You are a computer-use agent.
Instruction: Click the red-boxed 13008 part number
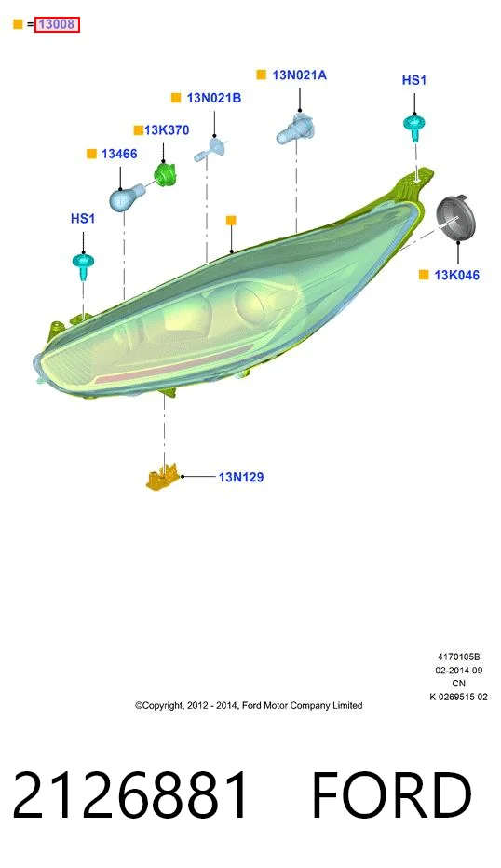coord(57,24)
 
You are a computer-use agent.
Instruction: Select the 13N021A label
coord(300,75)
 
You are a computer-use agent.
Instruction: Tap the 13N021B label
coord(213,98)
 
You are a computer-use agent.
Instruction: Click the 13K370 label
coord(167,130)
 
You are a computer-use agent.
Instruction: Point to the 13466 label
coord(119,154)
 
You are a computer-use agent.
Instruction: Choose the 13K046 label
coord(456,275)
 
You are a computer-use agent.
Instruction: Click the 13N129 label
coord(241,477)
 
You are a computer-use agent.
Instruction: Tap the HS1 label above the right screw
coord(414,80)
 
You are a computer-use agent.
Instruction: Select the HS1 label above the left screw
coord(83,219)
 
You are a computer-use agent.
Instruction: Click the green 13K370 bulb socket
coord(165,174)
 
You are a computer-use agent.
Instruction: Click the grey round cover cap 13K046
coord(456,219)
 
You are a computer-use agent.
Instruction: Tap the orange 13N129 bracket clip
coord(164,477)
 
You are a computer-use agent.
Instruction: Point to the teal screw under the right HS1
coord(414,128)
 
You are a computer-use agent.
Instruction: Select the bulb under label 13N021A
coord(295,129)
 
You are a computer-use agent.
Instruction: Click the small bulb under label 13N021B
coord(210,149)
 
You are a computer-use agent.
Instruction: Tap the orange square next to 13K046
coord(424,275)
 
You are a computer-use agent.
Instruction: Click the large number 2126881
coord(130,795)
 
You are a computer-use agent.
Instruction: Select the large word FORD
coord(391,795)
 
